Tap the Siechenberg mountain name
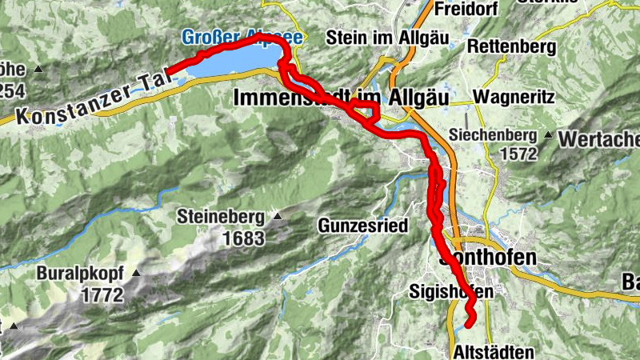coord(494,134)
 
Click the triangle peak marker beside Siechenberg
coord(549,134)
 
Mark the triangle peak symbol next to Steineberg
coord(276,215)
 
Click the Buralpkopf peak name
coord(78,274)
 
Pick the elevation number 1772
coord(102,294)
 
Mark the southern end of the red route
coord(469,324)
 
